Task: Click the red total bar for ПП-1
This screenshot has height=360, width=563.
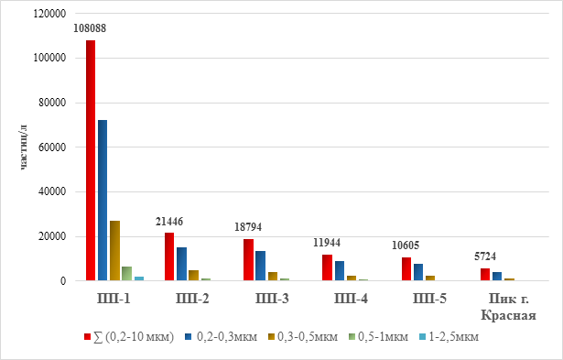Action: [x=91, y=160]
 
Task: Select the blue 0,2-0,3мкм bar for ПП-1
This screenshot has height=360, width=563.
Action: [x=103, y=200]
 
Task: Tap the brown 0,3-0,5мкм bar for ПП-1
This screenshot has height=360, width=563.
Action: [x=115, y=251]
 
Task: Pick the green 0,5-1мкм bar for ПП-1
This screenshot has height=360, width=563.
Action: [x=126, y=273]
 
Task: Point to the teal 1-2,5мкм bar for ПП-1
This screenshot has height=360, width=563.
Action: [x=139, y=278]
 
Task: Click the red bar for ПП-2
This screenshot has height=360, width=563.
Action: [x=169, y=256]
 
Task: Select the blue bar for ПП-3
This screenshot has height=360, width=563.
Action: [x=260, y=266]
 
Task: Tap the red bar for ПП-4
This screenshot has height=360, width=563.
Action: [x=327, y=267]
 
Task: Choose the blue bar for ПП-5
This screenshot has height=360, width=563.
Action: [x=418, y=272]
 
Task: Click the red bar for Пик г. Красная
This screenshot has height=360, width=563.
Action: [x=485, y=275]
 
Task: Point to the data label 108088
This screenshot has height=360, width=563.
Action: [x=90, y=28]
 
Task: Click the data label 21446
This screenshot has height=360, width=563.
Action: [x=169, y=222]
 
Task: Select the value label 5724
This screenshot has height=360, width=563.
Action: [x=485, y=256]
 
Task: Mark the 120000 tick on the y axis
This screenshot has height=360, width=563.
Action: [x=50, y=14]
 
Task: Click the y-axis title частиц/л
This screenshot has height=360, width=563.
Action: [x=23, y=147]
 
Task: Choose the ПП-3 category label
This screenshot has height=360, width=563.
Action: [x=272, y=299]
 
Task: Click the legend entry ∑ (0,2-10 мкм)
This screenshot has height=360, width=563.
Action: [x=129, y=337]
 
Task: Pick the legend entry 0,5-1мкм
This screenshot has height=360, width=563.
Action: [x=379, y=337]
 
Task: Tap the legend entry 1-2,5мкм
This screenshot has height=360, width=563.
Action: [x=449, y=337]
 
